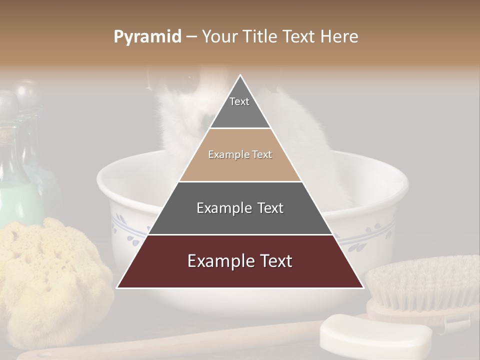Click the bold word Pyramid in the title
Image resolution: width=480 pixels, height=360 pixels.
pyautogui.click(x=147, y=37)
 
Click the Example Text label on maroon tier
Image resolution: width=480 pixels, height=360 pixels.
pyautogui.click(x=240, y=261)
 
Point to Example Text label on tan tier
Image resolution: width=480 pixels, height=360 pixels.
pyautogui.click(x=240, y=154)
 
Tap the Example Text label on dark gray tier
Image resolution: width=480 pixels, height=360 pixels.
pyautogui.click(x=240, y=208)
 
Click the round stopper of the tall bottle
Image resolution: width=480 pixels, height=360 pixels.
pyautogui.click(x=27, y=92)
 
